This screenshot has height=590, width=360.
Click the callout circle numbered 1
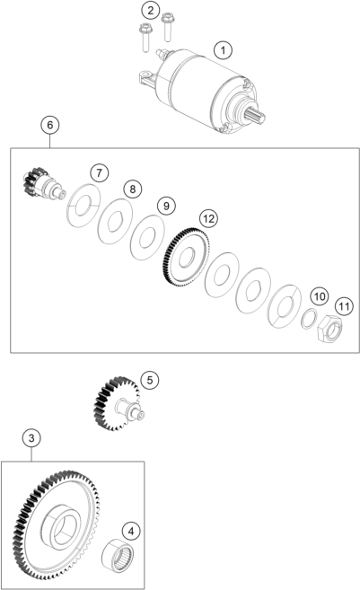coord(223,50)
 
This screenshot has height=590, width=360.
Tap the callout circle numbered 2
coord(151,10)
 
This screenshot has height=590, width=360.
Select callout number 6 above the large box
coord(50,125)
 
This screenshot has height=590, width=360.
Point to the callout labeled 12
coord(208,218)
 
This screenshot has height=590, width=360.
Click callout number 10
coord(320,296)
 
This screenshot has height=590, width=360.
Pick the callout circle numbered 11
coord(344,306)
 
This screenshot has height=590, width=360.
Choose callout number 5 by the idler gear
coord(150,380)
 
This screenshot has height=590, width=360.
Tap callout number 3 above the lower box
coord(31,437)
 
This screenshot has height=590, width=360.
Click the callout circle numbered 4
coord(131,532)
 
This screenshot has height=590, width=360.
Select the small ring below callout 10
coord(309,318)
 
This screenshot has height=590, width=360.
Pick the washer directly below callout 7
coord(83,205)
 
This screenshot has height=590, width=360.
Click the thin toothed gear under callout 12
coord(184,257)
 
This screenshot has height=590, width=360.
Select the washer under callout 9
coord(147,237)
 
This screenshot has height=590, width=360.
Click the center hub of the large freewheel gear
coord(60,525)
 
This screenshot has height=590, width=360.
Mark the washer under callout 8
coord(115,221)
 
